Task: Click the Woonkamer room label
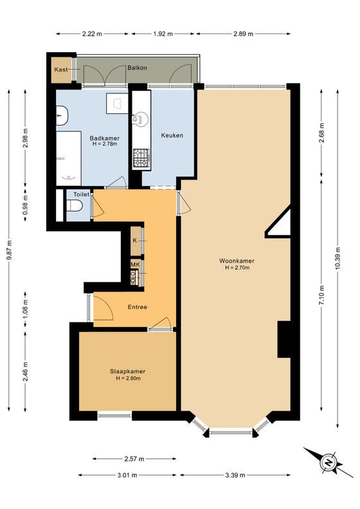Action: click(x=237, y=261)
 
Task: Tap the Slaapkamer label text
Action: click(x=127, y=371)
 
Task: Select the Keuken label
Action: click(x=172, y=135)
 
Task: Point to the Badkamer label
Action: click(x=104, y=138)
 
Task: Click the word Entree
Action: click(x=137, y=307)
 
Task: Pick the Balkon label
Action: click(x=137, y=68)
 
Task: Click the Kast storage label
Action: click(x=61, y=69)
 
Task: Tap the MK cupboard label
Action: click(x=135, y=264)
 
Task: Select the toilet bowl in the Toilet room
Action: click(x=75, y=206)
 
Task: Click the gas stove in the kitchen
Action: click(x=141, y=158)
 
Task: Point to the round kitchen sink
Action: click(x=140, y=119)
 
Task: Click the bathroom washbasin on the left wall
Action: click(x=62, y=116)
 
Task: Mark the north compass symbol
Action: click(x=328, y=462)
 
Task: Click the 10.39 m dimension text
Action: click(x=338, y=259)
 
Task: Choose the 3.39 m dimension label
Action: click(x=235, y=476)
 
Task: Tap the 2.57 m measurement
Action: click(x=134, y=459)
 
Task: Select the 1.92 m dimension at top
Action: click(x=163, y=33)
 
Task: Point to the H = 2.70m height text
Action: click(x=237, y=268)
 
